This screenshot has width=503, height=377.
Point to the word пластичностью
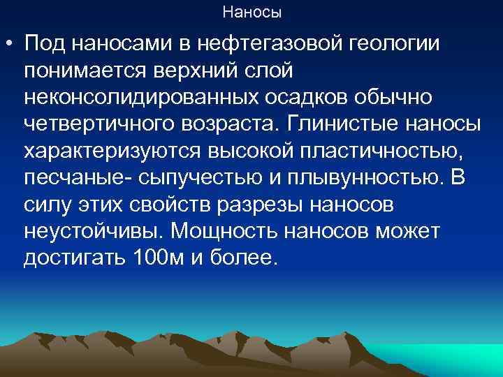pyautogui.click(x=350, y=151)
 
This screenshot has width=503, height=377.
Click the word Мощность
pyautogui.click(x=220, y=231)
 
